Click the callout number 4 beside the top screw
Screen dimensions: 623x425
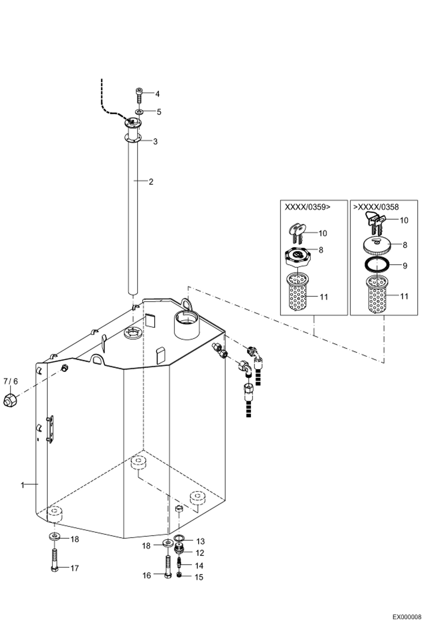coord(157,94)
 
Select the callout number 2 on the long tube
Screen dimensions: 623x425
coord(151,182)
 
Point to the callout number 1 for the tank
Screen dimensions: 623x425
coord(23,485)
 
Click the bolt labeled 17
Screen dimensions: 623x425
coord(55,560)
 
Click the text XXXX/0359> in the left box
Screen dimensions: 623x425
coord(308,207)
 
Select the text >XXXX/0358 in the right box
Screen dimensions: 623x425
coord(376,207)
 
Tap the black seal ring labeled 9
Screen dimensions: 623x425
coord(377,265)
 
